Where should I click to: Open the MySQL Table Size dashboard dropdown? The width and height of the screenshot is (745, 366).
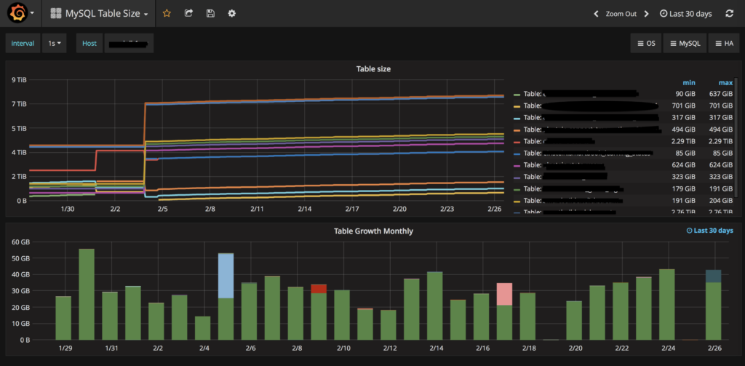[x=100, y=14]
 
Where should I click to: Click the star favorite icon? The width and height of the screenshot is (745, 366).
[x=167, y=14]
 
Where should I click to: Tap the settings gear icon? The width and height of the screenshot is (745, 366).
[x=232, y=14]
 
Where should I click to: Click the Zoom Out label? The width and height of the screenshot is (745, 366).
[x=621, y=14]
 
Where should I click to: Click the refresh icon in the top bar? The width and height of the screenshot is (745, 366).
[x=730, y=14]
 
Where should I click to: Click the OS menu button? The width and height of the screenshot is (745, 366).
[x=646, y=44]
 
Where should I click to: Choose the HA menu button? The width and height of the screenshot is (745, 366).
[x=723, y=44]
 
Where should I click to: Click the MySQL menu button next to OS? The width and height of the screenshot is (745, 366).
[x=685, y=44]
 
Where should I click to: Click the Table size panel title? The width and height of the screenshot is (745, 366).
[x=374, y=69]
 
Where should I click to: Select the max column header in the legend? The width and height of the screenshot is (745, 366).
[x=725, y=82]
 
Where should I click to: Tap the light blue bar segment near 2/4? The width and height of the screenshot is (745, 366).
[x=226, y=275]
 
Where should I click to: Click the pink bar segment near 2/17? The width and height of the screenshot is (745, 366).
[x=504, y=294]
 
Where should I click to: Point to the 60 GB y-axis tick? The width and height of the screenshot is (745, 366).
[x=19, y=242]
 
